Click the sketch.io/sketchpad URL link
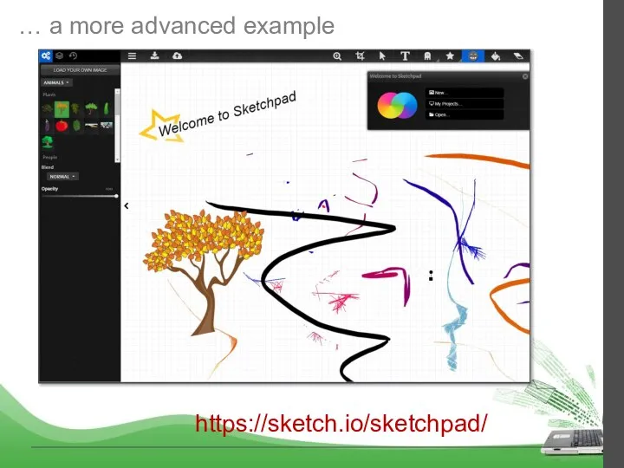[x=341, y=424]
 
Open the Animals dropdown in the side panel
[x=57, y=83]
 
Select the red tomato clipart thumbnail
[x=62, y=126]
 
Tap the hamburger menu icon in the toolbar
[x=133, y=55]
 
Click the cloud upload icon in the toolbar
[x=177, y=55]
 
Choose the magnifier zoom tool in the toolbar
[x=338, y=55]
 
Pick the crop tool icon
[x=361, y=55]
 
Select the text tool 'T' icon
[x=405, y=55]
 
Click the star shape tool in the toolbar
[x=450, y=55]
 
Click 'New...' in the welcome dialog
[x=465, y=92]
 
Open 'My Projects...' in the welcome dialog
[x=465, y=103]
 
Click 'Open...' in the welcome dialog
[x=465, y=114]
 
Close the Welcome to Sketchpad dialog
[x=525, y=76]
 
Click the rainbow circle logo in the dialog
[x=397, y=107]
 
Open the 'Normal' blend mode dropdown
[x=62, y=176]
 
